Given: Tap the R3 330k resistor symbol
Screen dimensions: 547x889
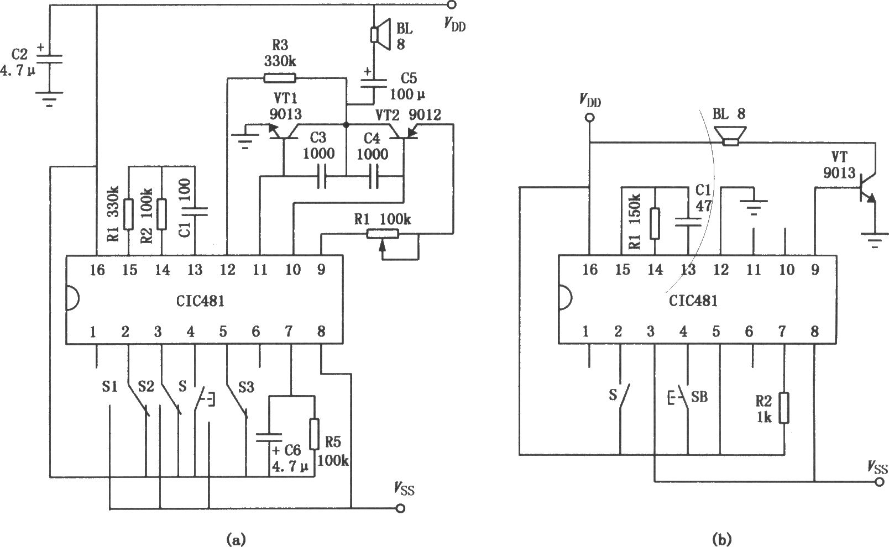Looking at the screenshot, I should point(279,78).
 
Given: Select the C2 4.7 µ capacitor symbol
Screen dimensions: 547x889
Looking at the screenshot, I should point(49,59).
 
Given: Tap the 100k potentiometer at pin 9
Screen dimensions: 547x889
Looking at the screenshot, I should point(381,235).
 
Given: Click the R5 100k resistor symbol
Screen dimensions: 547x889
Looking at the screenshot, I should point(314,434).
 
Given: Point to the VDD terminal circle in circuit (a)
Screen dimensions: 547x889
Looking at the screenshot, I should point(452,6).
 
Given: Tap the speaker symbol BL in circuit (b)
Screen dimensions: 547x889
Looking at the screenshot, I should point(731,136).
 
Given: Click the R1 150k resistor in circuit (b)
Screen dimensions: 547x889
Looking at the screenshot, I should point(655,223).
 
